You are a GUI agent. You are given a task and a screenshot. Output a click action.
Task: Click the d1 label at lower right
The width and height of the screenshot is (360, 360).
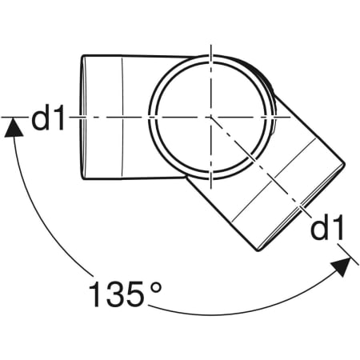(328, 229)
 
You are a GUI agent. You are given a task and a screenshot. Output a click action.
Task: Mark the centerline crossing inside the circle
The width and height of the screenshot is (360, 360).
(210, 116)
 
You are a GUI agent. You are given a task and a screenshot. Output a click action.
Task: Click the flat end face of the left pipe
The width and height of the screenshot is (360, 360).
(86, 116)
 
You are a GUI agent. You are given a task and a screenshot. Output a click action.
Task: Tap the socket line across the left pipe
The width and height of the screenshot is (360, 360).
(122, 117)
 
